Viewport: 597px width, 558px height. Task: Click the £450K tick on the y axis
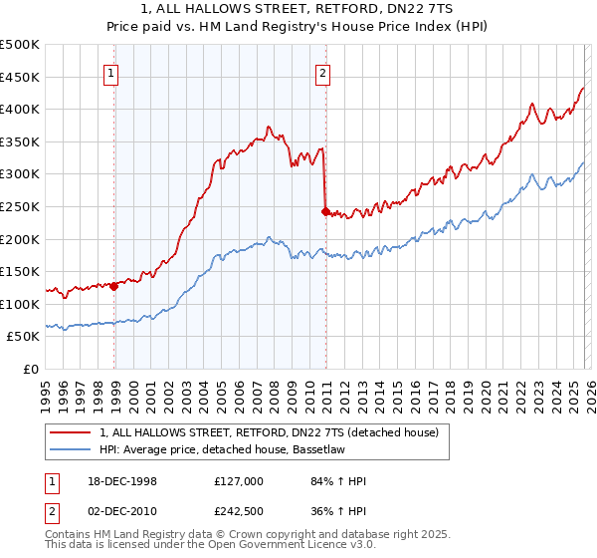pyautogui.click(x=21, y=77)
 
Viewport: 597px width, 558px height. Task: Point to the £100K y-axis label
pyautogui.click(x=21, y=304)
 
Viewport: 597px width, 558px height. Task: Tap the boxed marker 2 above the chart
pyautogui.click(x=324, y=72)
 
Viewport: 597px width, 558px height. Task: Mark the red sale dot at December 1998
pyautogui.click(x=114, y=286)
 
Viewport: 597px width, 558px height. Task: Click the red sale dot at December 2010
pyautogui.click(x=325, y=211)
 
